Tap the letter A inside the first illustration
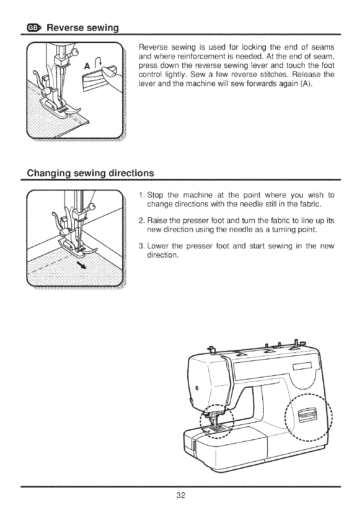click(88, 66)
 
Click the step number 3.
click(141, 248)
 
